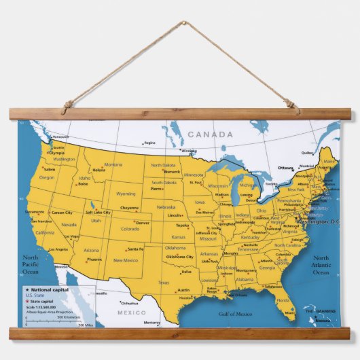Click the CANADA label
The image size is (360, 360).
point(211,134)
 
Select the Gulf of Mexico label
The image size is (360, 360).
point(235,314)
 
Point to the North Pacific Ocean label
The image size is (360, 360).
point(31,264)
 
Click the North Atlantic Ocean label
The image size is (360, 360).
point(321,265)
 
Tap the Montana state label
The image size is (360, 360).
point(113,164)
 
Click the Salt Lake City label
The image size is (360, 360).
point(98,213)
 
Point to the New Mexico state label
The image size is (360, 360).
point(126,260)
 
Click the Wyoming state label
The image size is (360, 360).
point(126,194)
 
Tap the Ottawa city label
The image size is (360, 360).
point(285,168)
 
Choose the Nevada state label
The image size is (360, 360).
point(69,224)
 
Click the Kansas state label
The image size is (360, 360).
point(178,237)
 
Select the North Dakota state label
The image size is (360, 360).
point(163,165)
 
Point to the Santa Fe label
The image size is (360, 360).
point(135,249)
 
